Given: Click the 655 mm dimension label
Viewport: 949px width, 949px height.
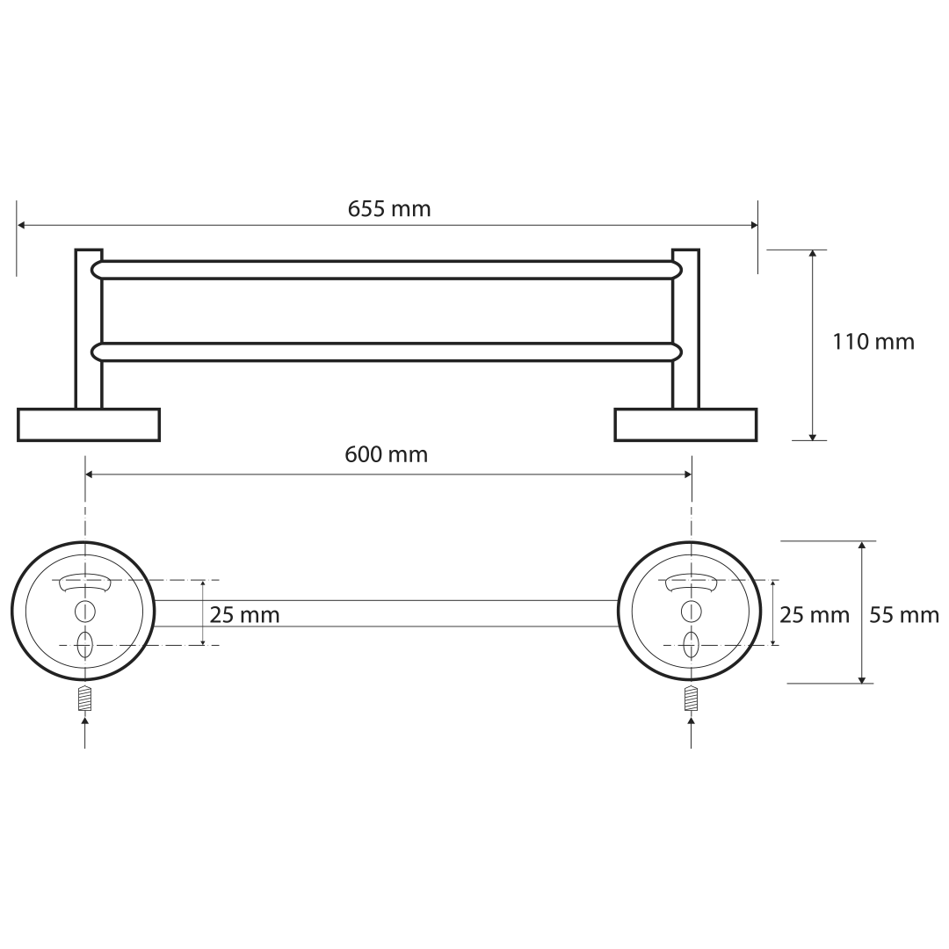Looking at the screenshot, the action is pyautogui.click(x=389, y=209).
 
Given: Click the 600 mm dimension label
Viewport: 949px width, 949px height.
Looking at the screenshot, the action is pyautogui.click(x=386, y=454).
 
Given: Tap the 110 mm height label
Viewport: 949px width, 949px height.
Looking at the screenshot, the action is pyautogui.click(x=873, y=342).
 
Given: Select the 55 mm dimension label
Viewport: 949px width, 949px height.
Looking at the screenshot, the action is pyautogui.click(x=904, y=615).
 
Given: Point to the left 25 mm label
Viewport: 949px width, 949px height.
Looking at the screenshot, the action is pyautogui.click(x=244, y=615).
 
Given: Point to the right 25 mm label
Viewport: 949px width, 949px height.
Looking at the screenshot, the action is pyautogui.click(x=815, y=615).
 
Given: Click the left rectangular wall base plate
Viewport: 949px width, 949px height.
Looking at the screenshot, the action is pyautogui.click(x=89, y=425).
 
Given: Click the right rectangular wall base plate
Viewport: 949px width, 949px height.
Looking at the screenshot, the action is pyautogui.click(x=685, y=425).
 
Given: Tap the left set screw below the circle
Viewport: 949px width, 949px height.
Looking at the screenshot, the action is pyautogui.click(x=84, y=698).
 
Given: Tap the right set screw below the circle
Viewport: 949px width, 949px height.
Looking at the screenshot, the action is pyautogui.click(x=692, y=698).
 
